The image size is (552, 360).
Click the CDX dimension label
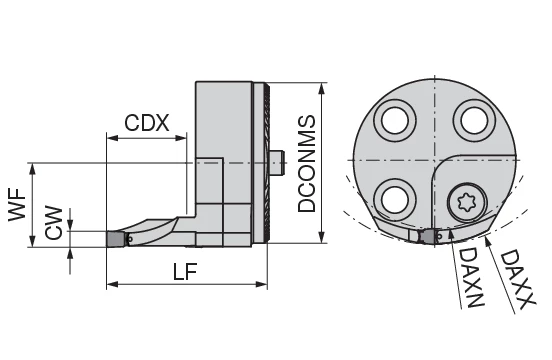[147, 124]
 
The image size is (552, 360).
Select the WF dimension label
[17, 207]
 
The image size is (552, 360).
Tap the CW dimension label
[56, 223]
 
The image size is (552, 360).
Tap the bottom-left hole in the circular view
[393, 195]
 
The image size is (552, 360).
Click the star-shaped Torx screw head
[463, 202]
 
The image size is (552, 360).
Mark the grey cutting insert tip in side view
[117, 239]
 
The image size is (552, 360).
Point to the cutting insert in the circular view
[431, 237]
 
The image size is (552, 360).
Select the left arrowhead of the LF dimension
[110, 285]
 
